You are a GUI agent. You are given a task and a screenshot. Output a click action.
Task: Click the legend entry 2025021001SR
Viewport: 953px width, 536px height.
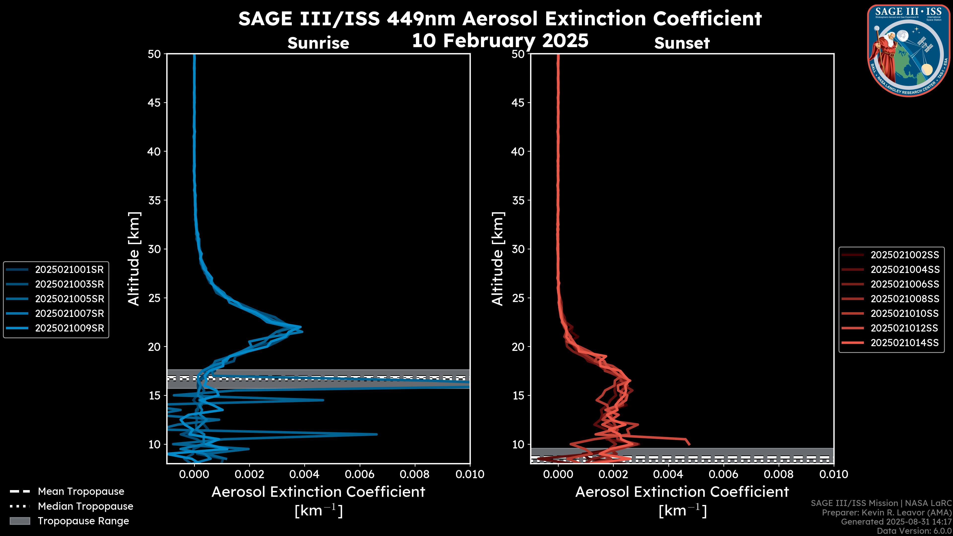tap(69, 269)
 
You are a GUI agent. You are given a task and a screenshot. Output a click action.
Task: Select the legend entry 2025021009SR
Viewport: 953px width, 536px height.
tap(69, 328)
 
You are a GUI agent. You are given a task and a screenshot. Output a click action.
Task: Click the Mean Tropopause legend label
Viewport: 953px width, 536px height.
tap(81, 491)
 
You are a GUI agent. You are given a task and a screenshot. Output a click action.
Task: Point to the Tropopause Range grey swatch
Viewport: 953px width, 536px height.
tap(20, 521)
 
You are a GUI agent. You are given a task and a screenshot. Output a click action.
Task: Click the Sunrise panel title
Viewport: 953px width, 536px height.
tap(318, 43)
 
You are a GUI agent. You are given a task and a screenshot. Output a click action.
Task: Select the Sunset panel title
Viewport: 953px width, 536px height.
tap(682, 43)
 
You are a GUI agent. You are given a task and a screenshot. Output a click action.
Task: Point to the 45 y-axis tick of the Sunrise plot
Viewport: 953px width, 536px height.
tap(154, 102)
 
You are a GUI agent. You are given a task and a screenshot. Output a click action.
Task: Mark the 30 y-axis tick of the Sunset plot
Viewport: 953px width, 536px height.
tap(518, 249)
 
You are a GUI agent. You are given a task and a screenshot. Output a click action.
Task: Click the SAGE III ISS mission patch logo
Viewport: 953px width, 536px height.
tap(909, 50)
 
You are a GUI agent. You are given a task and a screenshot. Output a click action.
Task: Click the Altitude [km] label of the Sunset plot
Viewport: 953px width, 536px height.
tap(498, 259)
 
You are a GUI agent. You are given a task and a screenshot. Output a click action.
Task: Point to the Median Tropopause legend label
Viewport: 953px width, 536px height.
tap(85, 506)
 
